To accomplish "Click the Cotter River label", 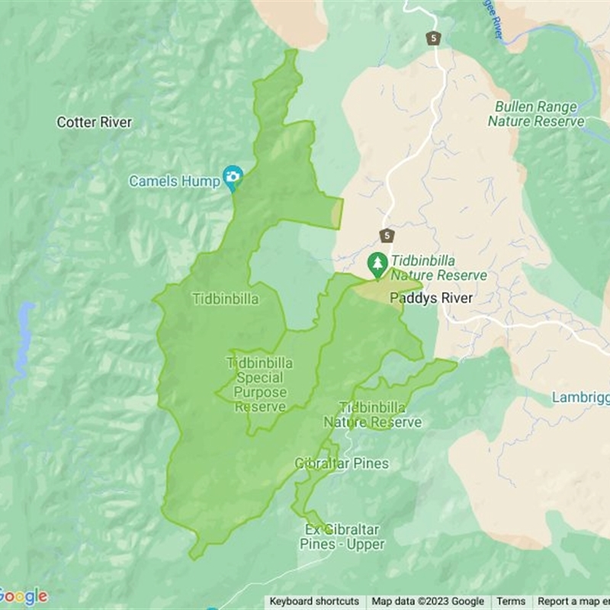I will (95, 122).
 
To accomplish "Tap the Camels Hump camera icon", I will (233, 178).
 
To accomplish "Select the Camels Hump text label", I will (174, 181).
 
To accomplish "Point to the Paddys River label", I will (431, 298).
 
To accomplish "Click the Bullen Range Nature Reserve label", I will (536, 114).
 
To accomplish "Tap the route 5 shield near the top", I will (433, 37).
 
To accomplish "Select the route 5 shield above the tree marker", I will (387, 235).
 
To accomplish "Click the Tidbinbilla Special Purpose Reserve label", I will (260, 385).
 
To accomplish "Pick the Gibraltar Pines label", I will (342, 464).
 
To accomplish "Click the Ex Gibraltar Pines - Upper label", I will (342, 537).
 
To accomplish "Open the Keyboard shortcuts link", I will (314, 602).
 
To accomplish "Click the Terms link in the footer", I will (511, 602).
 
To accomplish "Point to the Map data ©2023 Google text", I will (428, 602).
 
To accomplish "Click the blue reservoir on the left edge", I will (25, 335).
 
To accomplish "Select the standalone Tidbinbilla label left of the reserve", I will (225, 299).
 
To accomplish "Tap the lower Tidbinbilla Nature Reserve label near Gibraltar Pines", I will (372, 415).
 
